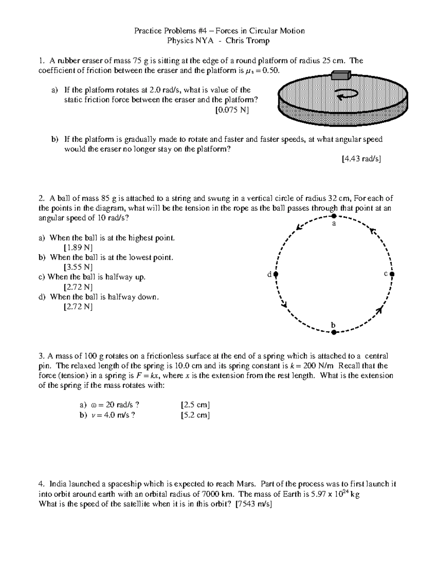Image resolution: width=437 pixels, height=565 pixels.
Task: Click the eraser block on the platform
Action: pyautogui.click(x=341, y=75)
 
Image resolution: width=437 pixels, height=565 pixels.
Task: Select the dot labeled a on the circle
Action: pyautogui.click(x=334, y=216)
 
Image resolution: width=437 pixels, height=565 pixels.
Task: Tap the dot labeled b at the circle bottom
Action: pyautogui.click(x=334, y=332)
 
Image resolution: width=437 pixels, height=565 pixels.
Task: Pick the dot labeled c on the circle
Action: pyautogui.click(x=392, y=274)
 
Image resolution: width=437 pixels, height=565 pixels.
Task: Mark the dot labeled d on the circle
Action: pyautogui.click(x=276, y=274)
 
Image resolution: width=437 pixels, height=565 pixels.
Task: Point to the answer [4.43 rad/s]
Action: pyautogui.click(x=361, y=159)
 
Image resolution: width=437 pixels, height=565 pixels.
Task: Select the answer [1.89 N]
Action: pyautogui.click(x=78, y=248)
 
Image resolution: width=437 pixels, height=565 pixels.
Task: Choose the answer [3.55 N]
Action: pyautogui.click(x=78, y=267)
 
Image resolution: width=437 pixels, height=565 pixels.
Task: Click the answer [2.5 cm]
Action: pyautogui.click(x=195, y=405)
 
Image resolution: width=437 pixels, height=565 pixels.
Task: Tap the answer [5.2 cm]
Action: pyautogui.click(x=195, y=415)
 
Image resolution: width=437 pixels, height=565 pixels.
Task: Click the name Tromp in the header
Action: pyautogui.click(x=258, y=41)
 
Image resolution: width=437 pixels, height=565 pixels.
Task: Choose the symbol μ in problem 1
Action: pyautogui.click(x=248, y=71)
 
